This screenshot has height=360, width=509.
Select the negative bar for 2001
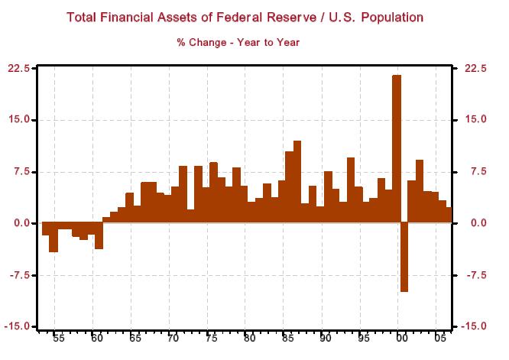click(x=404, y=257)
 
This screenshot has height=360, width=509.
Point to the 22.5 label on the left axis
click(x=18, y=68)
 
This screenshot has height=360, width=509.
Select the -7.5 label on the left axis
click(x=18, y=275)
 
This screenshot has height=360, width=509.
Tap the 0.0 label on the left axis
click(x=21, y=223)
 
